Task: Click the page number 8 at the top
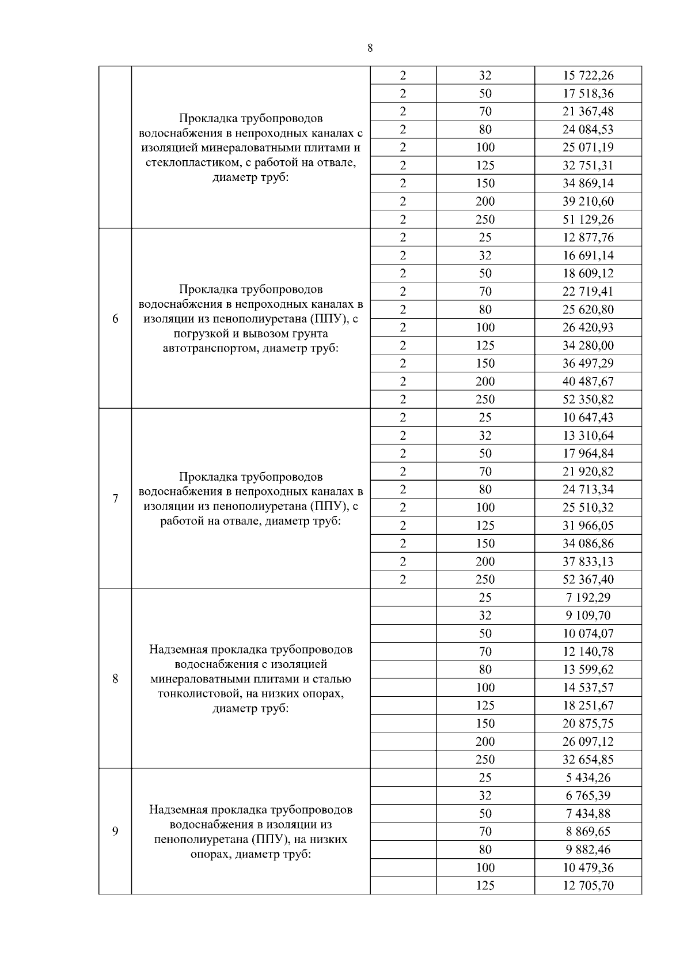(x=370, y=48)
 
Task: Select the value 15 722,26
(x=588, y=75)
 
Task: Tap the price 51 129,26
(x=588, y=220)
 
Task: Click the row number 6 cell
(x=115, y=319)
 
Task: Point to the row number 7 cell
(x=115, y=499)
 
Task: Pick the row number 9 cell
(x=115, y=831)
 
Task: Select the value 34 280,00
(x=588, y=346)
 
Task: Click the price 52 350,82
(x=588, y=399)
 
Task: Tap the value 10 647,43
(x=588, y=417)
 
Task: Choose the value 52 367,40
(x=588, y=580)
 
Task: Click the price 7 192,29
(x=588, y=598)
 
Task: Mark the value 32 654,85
(x=588, y=760)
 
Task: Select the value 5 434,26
(x=588, y=777)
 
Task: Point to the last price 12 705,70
(x=588, y=886)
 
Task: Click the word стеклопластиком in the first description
(x=189, y=163)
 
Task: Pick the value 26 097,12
(x=588, y=742)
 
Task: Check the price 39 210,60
(x=588, y=202)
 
